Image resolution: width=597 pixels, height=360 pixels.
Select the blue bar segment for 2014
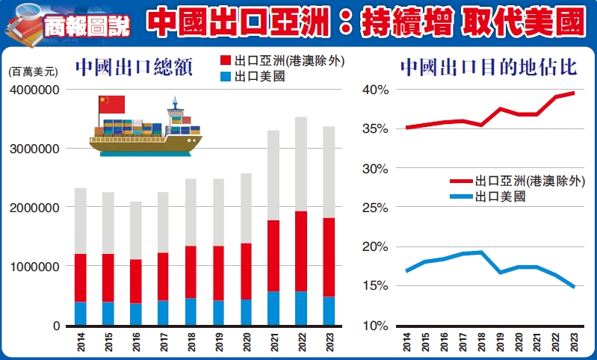pyautogui.click(x=80, y=314)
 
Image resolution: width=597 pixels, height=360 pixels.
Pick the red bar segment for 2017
pyautogui.click(x=163, y=276)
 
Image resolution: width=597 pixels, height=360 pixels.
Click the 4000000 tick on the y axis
pyautogui.click(x=34, y=90)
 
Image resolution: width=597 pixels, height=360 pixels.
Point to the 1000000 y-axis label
pyautogui.click(x=34, y=267)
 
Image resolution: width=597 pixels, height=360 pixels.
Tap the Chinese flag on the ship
pyautogui.click(x=112, y=105)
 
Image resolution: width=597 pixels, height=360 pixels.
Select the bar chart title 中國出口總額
pyautogui.click(x=134, y=69)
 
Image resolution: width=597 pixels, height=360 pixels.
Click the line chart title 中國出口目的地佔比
pyautogui.click(x=488, y=67)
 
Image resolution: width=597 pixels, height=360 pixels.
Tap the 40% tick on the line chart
pyautogui.click(x=376, y=90)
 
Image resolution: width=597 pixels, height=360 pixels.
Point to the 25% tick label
pyautogui.click(x=376, y=169)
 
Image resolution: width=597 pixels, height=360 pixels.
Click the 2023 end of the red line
pyautogui.click(x=573, y=93)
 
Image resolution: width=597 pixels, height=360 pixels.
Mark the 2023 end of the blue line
pyautogui.click(x=573, y=287)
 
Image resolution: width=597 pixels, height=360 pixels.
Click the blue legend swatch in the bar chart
pyautogui.click(x=226, y=76)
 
